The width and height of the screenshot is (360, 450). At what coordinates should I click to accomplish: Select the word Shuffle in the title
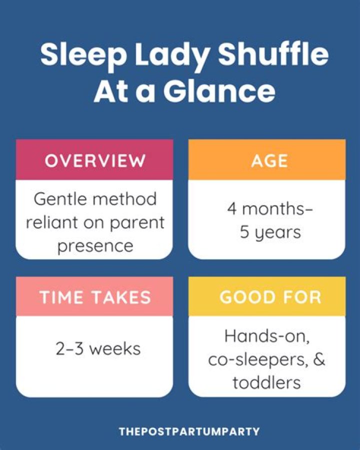click(x=273, y=54)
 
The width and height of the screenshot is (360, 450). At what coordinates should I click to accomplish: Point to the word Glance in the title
click(x=219, y=91)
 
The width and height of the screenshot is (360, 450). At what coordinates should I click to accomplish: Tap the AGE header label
click(x=269, y=161)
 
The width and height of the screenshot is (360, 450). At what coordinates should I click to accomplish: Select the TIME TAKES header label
click(x=95, y=297)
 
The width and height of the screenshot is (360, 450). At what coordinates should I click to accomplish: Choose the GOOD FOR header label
click(x=270, y=297)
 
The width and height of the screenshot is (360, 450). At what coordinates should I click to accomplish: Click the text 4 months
click(x=269, y=209)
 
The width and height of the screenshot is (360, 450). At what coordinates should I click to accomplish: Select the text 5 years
click(x=270, y=232)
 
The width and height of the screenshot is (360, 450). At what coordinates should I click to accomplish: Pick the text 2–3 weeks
click(x=98, y=349)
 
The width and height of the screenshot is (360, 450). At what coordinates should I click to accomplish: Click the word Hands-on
click(x=267, y=336)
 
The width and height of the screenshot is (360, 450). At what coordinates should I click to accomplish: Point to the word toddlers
click(x=266, y=382)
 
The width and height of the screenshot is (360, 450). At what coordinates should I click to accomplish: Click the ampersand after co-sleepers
click(x=319, y=359)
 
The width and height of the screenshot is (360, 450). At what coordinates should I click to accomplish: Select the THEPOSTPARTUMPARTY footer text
click(x=189, y=431)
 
